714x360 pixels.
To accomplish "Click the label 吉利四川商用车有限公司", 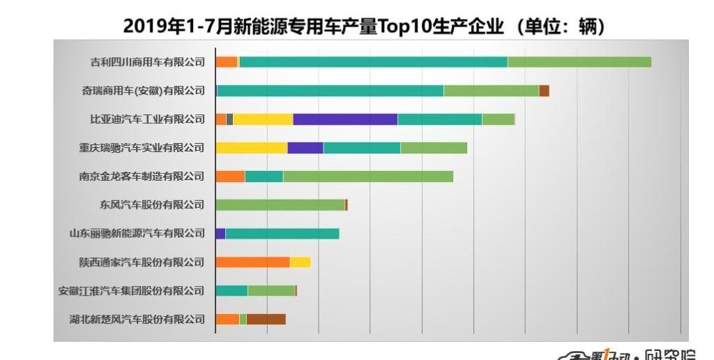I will pyautogui.click(x=148, y=62).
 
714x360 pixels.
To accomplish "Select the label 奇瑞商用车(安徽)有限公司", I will pyautogui.click(x=143, y=91).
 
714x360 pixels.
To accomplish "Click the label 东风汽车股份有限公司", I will pyautogui.click(x=152, y=205).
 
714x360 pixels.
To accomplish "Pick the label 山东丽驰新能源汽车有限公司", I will pyautogui.click(x=137, y=234).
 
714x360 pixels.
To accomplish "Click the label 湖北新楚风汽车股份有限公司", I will pyautogui.click(x=137, y=320).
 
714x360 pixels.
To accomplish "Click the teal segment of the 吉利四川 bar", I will pyautogui.click(x=373, y=62).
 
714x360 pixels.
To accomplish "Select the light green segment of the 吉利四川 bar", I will pyautogui.click(x=579, y=62).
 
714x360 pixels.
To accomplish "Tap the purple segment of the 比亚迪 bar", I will pyautogui.click(x=345, y=119).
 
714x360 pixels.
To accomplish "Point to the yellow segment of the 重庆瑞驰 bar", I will pyautogui.click(x=251, y=148).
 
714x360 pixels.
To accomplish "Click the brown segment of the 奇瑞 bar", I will pyautogui.click(x=544, y=91).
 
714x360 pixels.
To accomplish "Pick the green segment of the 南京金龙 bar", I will pyautogui.click(x=368, y=177).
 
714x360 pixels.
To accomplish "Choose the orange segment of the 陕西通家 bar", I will pyautogui.click(x=252, y=262).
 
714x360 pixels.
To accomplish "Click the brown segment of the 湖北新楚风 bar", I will pyautogui.click(x=266, y=320).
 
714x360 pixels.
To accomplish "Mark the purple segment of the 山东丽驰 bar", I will pyautogui.click(x=220, y=234).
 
